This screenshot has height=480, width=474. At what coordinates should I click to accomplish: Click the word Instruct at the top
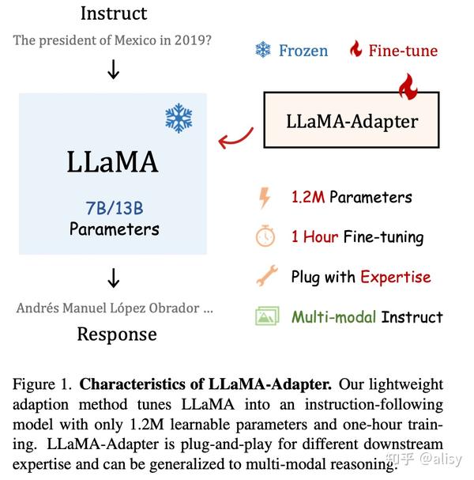pyautogui.click(x=114, y=13)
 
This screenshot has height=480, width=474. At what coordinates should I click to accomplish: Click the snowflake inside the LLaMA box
pyautogui.click(x=179, y=119)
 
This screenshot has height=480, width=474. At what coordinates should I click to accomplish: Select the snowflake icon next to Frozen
pyautogui.click(x=262, y=51)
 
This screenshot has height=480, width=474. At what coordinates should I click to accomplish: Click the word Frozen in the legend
pyautogui.click(x=303, y=51)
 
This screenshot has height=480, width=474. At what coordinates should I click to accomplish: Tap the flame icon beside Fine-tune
pyautogui.click(x=356, y=51)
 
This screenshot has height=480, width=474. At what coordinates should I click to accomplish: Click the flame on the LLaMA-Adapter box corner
pyautogui.click(x=407, y=86)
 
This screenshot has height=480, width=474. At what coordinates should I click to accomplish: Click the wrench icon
pyautogui.click(x=265, y=276)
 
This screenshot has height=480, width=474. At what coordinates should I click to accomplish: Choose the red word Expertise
pyautogui.click(x=395, y=277)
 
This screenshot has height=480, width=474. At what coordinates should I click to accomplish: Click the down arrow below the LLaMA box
pyautogui.click(x=114, y=278)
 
